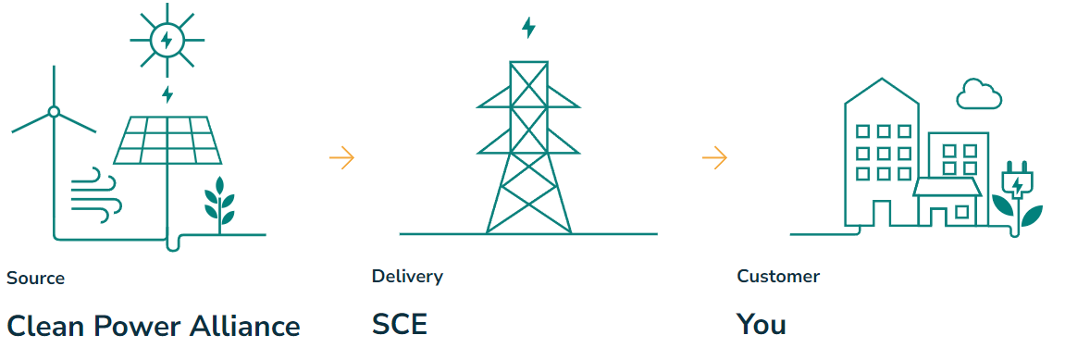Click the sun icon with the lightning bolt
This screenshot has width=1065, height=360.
click(x=167, y=39)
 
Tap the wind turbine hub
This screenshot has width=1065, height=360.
click(x=54, y=112)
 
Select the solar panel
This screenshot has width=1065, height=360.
click(x=167, y=138)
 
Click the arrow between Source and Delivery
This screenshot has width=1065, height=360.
click(x=341, y=157)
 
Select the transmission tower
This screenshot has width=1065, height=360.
click(x=528, y=148)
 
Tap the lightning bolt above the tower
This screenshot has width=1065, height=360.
click(x=528, y=28)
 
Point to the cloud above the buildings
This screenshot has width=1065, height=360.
click(x=979, y=94)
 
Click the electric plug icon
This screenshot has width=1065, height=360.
click(x=1017, y=185)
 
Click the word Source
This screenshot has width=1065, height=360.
click(x=35, y=278)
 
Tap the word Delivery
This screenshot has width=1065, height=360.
click(x=407, y=276)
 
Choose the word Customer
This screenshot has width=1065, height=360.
click(x=778, y=276)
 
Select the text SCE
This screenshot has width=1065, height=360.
click(x=400, y=325)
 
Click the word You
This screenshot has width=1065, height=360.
click(x=761, y=325)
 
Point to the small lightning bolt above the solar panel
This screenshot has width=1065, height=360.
click(x=167, y=94)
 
